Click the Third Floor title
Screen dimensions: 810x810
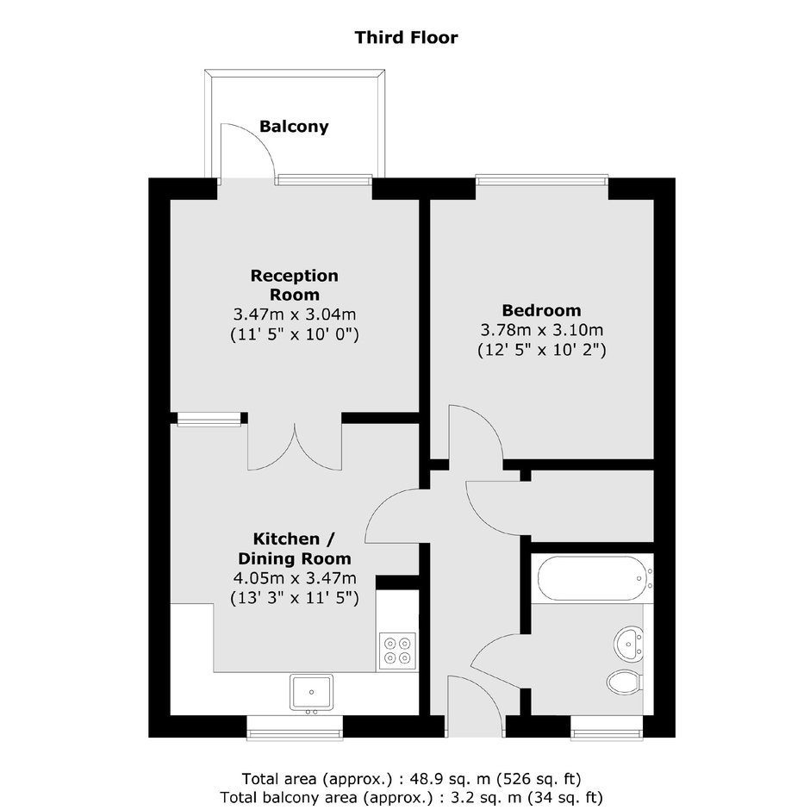tap(406, 38)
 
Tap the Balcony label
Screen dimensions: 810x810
tap(294, 127)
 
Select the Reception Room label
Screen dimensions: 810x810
tap(295, 285)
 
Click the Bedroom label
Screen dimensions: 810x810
tap(541, 310)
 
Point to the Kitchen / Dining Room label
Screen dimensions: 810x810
tap(295, 549)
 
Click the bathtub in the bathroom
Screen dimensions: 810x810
tap(593, 578)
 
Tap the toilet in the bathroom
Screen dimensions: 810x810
tap(625, 682)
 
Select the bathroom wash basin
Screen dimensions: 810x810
tap(628, 644)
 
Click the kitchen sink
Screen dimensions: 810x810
tap(311, 692)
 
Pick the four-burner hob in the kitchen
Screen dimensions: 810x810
tap(397, 651)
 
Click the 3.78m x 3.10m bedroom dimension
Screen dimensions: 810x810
tap(541, 329)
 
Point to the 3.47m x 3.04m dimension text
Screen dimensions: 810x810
tap(295, 314)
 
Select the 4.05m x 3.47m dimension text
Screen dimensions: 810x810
tap(295, 578)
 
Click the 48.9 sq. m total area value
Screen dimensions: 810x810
tap(451, 778)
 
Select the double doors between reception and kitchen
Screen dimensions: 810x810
tap(295, 447)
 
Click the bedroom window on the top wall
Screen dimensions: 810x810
tap(541, 180)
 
